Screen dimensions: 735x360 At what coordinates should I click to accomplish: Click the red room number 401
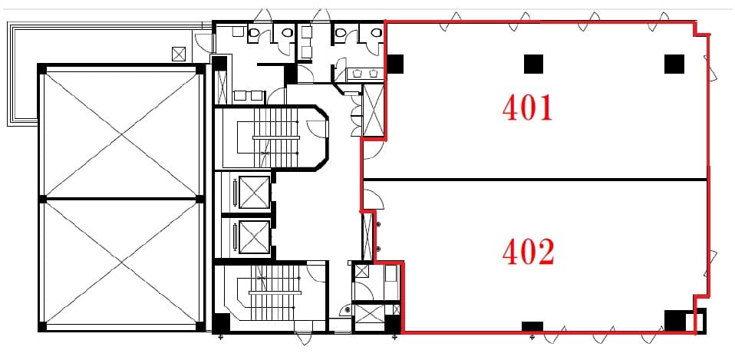527,107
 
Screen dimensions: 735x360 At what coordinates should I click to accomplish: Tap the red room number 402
529,252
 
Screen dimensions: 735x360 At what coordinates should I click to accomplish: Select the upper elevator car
254,192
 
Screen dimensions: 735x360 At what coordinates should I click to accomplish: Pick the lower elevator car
254,236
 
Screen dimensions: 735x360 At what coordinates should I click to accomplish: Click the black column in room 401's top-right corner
674,64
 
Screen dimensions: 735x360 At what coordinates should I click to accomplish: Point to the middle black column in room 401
533,64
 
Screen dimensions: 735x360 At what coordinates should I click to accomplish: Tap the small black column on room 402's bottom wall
532,326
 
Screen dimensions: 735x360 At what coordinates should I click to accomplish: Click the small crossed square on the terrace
179,54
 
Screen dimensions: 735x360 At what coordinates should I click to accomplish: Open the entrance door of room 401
374,149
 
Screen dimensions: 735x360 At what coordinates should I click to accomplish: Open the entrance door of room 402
374,198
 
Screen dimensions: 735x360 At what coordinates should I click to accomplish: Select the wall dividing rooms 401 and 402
535,180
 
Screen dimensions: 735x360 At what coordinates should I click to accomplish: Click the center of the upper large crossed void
121,134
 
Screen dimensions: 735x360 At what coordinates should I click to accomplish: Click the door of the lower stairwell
316,272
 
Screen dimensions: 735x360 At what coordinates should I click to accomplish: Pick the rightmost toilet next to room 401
376,32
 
